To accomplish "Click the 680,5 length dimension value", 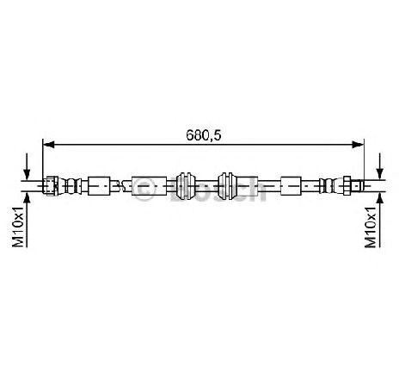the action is [204, 135].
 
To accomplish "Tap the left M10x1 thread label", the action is [18, 227].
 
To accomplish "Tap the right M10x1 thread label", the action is [371, 227].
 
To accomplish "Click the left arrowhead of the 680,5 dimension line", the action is [48, 145].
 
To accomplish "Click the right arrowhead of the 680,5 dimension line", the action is [358, 145].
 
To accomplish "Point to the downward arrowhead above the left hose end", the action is [27, 174].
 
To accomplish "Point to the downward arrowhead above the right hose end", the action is [380, 174].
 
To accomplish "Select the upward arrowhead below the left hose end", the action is [27, 198].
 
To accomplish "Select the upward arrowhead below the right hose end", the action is [380, 198].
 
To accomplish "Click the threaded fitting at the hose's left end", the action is [51, 186].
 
